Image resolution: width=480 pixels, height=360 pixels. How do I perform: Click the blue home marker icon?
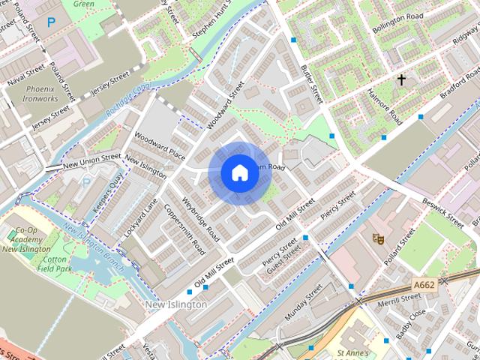click(239, 173)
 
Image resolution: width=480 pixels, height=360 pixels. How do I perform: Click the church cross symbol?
click(401, 79)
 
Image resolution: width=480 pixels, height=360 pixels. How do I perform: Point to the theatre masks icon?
click(378, 238)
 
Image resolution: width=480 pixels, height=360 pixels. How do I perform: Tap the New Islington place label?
click(175, 304)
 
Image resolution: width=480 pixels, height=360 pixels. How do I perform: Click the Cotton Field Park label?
click(55, 262)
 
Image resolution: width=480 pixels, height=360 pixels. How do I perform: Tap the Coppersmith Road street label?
click(184, 229)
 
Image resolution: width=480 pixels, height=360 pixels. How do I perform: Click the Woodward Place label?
click(159, 145)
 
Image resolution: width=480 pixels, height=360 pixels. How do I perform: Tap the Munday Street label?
click(303, 301)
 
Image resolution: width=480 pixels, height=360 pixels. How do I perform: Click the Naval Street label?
click(25, 73)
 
